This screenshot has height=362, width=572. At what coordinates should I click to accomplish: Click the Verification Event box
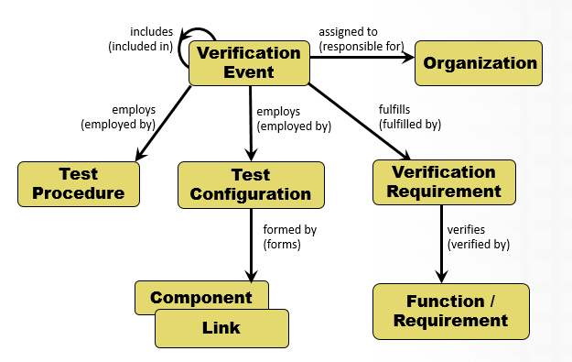(x=249, y=62)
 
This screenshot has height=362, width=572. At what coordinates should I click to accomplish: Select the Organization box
(x=480, y=64)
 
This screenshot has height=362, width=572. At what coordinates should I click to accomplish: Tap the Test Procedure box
(x=79, y=183)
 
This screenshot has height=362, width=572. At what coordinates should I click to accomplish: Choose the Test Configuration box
(x=251, y=184)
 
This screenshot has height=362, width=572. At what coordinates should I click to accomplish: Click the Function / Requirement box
(x=450, y=312)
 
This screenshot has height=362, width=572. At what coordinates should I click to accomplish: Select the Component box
(x=201, y=297)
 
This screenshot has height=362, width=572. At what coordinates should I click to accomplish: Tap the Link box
(x=221, y=328)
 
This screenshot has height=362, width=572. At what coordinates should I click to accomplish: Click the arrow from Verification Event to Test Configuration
(x=250, y=124)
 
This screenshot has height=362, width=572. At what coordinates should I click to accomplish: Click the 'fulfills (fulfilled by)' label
(x=408, y=115)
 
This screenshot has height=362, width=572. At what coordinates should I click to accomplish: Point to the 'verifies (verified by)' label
(x=478, y=236)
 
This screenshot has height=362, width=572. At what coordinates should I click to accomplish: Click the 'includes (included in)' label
(x=140, y=40)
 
